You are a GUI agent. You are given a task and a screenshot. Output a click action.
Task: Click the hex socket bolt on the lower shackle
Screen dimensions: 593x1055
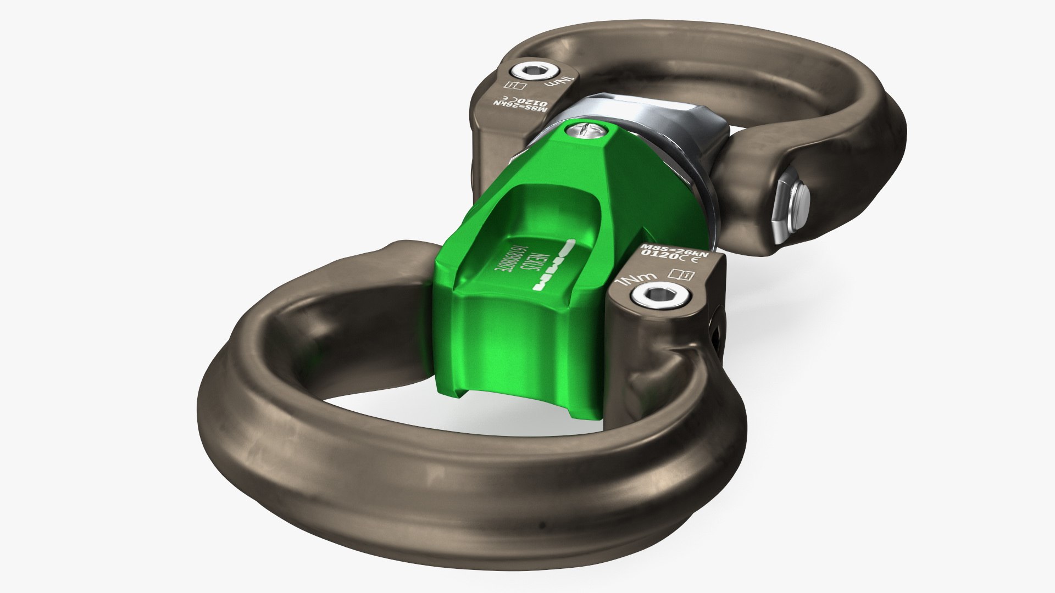[x=648, y=296]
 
